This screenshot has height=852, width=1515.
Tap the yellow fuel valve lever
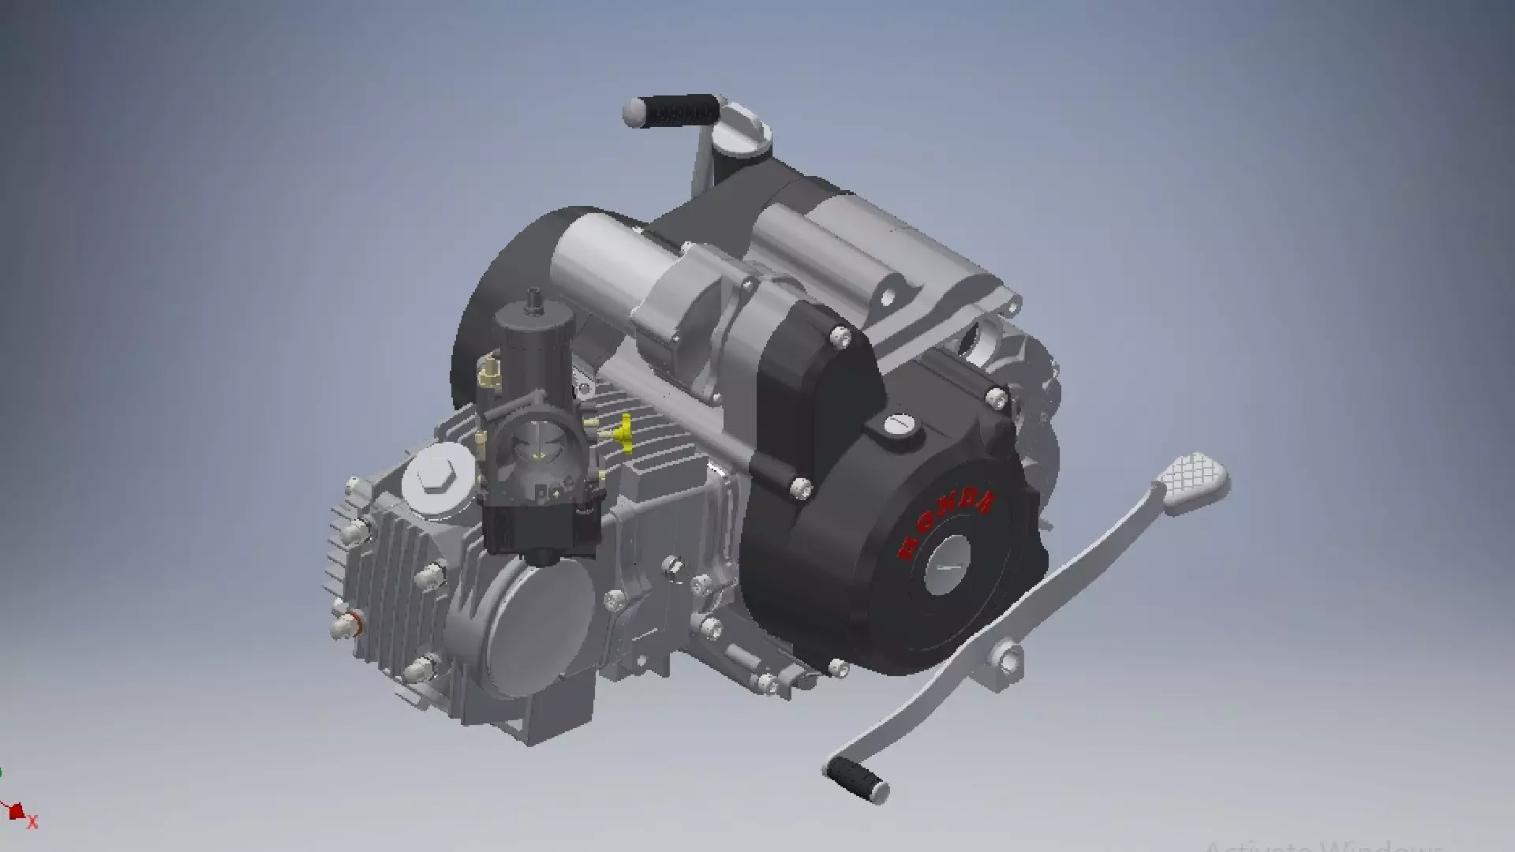tap(625, 433)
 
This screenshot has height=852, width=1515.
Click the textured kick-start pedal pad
tap(1193, 480)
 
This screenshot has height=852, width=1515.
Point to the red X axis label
tap(33, 823)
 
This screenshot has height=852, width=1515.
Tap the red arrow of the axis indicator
tap(16, 811)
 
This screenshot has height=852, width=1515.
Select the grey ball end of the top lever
tap(634, 112)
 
